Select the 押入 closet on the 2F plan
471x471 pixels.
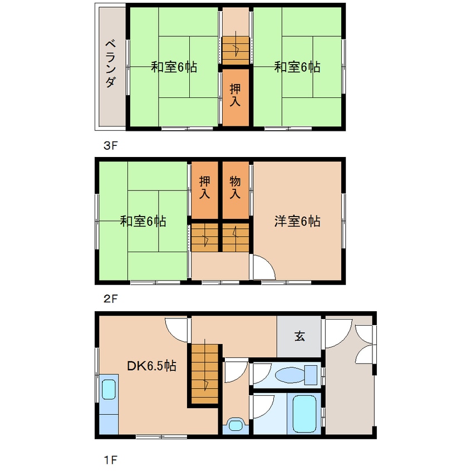point(205,188)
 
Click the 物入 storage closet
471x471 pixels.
point(235,188)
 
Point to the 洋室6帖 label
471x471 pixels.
point(297,221)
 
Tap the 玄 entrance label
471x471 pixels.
point(300,336)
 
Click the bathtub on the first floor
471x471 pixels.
point(304,414)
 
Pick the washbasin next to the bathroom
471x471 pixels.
point(236,426)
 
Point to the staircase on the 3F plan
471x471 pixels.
point(236,50)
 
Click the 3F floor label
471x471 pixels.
point(110,146)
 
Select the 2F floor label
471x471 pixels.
point(110,298)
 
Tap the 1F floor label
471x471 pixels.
point(110,460)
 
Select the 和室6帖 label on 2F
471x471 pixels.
point(143,221)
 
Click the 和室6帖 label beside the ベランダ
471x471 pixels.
point(174,67)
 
